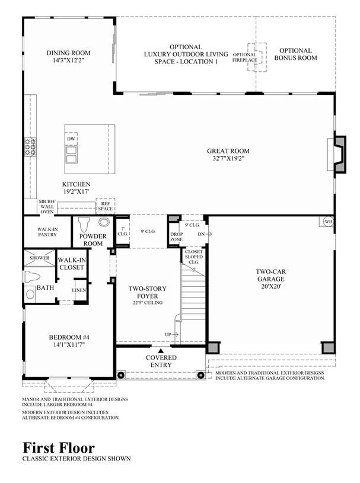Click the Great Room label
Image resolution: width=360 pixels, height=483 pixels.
228,151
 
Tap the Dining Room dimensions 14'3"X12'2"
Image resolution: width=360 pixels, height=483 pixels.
68,60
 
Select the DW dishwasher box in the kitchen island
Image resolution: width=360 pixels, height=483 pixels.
71,139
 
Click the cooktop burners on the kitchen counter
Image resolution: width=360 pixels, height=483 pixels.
30,147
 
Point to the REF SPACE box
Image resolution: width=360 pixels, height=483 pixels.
105,206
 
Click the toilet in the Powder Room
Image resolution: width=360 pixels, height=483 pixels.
84,225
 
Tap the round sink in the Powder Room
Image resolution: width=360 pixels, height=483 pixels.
104,222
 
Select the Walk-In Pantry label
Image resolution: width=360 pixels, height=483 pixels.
47,232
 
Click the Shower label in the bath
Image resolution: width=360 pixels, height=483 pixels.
40,258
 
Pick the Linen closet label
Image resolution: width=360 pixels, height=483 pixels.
79,290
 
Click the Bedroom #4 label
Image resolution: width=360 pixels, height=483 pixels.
69,337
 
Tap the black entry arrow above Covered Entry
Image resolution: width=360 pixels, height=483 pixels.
161,350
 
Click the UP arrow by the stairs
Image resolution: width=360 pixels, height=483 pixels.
171,334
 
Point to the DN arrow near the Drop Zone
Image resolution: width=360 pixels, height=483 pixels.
205,234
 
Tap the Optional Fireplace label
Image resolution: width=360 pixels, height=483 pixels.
244,57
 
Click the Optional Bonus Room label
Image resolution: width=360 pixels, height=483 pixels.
295,54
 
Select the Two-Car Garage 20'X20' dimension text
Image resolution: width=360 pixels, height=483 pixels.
271,286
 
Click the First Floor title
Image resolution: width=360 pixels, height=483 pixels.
59,447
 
